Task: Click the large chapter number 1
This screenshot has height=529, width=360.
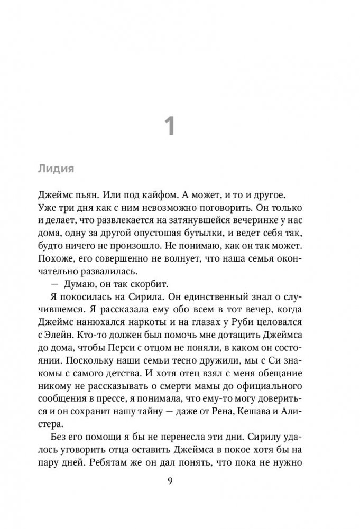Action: [169, 128]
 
